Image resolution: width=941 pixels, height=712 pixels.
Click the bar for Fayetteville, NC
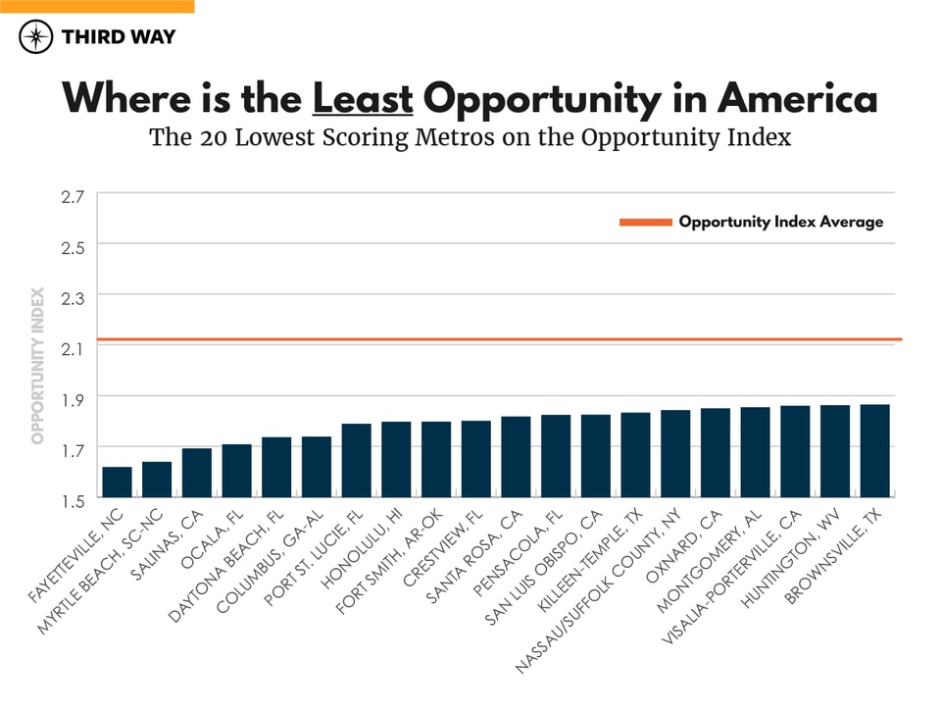117,483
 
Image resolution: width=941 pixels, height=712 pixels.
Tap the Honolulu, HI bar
396,460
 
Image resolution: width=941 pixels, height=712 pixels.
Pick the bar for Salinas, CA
197,473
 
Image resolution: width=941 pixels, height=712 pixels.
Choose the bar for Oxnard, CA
716,453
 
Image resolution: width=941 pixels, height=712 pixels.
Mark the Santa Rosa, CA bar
516,457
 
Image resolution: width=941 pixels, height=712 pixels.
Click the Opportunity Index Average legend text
780,222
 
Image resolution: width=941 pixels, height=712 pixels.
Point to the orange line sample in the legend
645,223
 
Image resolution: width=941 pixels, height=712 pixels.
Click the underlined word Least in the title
363,99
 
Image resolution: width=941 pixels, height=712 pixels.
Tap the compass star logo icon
36,37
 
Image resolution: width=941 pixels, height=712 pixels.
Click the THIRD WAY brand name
119,37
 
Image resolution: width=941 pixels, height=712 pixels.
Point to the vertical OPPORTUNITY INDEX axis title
38,365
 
